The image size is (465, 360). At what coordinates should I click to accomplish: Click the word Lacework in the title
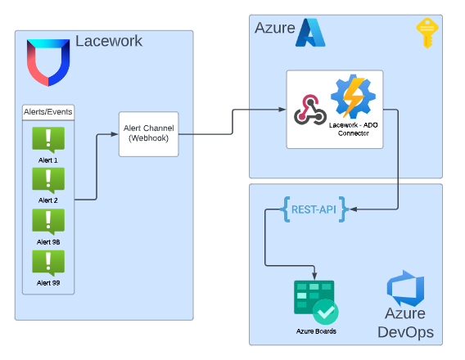coord(108,41)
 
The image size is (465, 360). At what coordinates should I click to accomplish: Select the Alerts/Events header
coord(47,111)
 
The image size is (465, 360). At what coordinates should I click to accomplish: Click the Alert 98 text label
coord(48,242)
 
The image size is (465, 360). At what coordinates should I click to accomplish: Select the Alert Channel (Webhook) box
coord(149,134)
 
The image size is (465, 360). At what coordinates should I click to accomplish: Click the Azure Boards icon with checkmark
coord(316,303)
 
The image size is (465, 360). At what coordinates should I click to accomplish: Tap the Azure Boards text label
coord(316,331)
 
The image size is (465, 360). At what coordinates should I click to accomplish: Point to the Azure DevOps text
coord(405,323)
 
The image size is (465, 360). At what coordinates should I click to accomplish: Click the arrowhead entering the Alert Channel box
coord(115,134)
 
